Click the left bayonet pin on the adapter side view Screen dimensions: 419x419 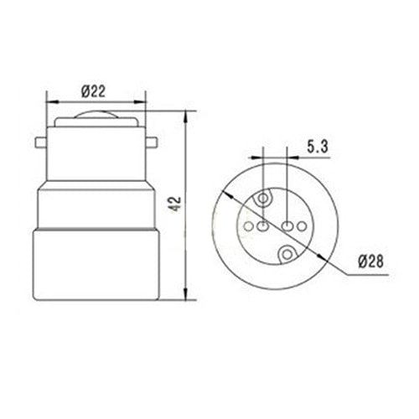(x=42, y=140)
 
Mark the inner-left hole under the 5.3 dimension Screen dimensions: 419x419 (x=263, y=225)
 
